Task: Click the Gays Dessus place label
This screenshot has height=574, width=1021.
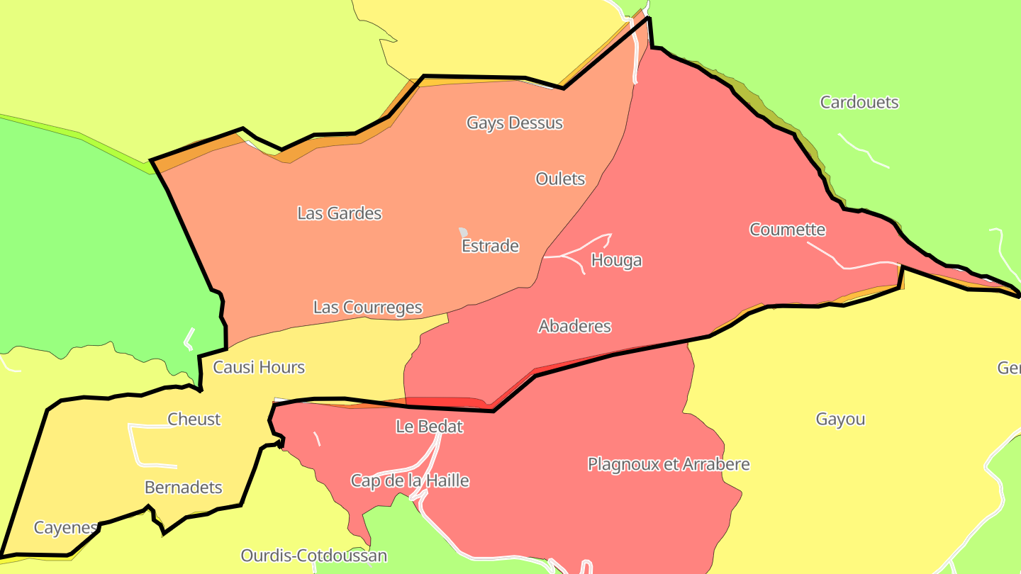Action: tap(514, 123)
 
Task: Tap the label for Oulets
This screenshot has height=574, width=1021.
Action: tap(560, 179)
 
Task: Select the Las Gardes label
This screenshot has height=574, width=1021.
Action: tap(339, 213)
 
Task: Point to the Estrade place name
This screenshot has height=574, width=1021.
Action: tap(490, 246)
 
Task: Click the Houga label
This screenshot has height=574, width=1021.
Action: tap(616, 260)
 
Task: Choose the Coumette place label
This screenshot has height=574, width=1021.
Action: tap(787, 230)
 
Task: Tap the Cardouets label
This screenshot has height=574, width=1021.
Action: tap(859, 102)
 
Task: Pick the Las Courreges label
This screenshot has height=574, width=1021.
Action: tap(367, 308)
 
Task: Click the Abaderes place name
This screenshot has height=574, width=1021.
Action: tap(574, 326)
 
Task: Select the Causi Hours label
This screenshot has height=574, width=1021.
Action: tap(259, 367)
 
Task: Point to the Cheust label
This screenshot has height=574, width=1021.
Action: tap(194, 419)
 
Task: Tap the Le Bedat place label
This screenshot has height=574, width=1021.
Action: tap(429, 427)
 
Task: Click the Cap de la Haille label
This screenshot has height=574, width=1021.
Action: tap(410, 480)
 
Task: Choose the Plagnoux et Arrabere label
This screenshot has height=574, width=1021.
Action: tap(668, 464)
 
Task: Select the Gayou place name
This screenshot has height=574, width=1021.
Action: tap(840, 419)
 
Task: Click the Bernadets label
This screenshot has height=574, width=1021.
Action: tap(183, 488)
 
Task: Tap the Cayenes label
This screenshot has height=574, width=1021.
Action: tap(65, 528)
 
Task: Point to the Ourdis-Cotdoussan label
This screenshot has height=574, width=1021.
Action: tap(313, 555)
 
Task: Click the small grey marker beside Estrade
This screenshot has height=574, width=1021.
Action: tap(463, 232)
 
